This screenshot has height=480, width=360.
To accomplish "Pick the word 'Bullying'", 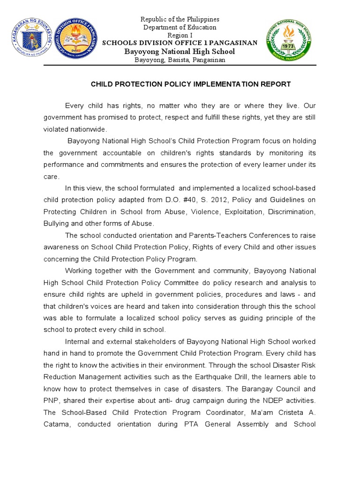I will [57, 224].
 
